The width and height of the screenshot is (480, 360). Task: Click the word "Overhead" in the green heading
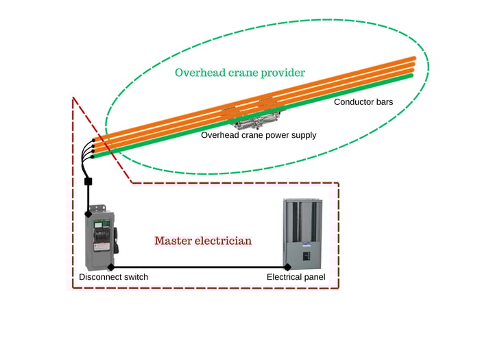tap(200, 73)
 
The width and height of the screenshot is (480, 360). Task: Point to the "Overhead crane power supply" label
tap(259, 135)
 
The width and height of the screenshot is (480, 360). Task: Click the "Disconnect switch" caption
tap(113, 277)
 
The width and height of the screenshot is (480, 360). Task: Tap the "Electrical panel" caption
tap(296, 277)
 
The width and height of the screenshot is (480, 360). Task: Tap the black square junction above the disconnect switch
tap(88, 182)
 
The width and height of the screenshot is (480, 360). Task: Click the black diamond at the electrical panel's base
tap(288, 266)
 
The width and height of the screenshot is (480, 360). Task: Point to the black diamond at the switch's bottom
tap(111, 266)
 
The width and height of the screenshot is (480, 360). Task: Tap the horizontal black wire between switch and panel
tap(199, 266)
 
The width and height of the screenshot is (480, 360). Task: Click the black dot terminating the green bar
tap(92, 157)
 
